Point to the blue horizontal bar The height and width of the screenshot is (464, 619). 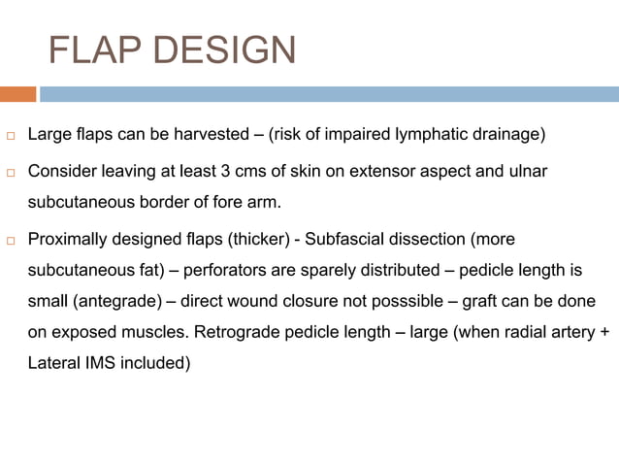point(330,94)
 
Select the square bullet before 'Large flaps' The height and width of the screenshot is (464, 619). point(11,134)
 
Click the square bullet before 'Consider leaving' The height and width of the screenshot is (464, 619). point(11,172)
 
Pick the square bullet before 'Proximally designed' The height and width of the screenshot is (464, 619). point(11,239)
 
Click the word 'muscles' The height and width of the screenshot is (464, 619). point(158,333)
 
